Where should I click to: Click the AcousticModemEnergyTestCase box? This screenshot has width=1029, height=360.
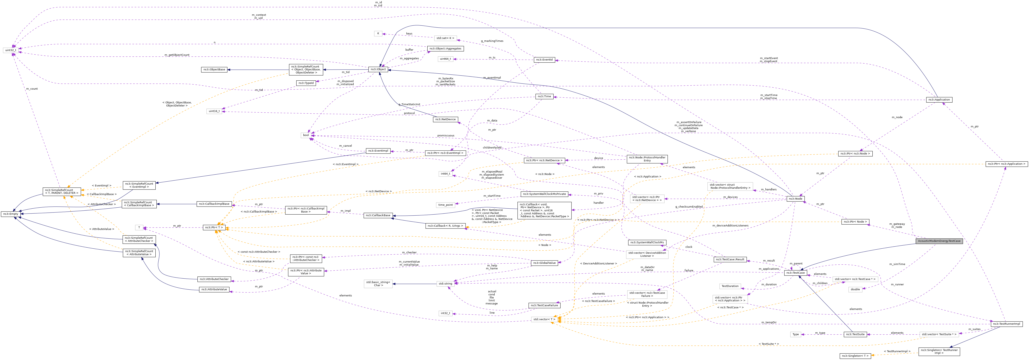pos(939,241)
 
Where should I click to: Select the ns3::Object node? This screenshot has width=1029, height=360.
pos(378,69)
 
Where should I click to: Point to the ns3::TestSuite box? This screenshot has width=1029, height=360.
pos(855,334)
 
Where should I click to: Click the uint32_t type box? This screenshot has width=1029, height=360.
pos(10,50)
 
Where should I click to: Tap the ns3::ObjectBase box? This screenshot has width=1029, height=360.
pos(214,70)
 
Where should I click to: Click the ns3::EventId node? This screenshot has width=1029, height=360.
pos(544,59)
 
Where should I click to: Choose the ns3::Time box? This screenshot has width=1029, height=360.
pos(544,96)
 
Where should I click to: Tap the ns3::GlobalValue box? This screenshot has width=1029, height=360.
pos(544,263)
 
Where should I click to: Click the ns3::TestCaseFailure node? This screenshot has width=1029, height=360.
pos(544,305)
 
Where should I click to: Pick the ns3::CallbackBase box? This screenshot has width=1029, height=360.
pos(378,215)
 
